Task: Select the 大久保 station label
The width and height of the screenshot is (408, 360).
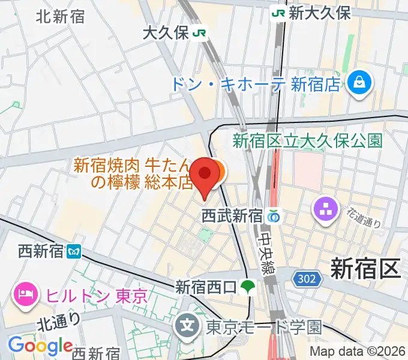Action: [x=165, y=33]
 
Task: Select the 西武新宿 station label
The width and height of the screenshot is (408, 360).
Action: [x=232, y=215]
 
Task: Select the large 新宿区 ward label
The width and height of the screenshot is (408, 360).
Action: [x=365, y=268]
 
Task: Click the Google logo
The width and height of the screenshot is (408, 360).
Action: [x=40, y=346]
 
